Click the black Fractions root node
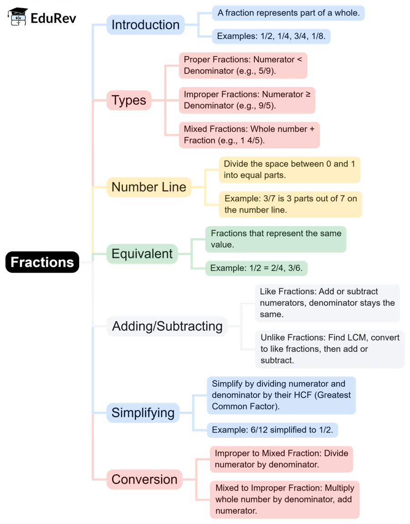click(42, 262)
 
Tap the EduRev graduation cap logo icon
click(18, 17)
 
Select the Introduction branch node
click(145, 25)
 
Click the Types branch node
click(129, 100)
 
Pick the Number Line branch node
click(149, 187)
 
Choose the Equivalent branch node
click(142, 254)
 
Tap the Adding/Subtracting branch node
click(167, 326)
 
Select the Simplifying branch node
click(143, 413)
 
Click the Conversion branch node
click(144, 479)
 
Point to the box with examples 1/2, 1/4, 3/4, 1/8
click(271, 36)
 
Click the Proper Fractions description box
click(243, 65)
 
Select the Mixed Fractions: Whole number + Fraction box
click(249, 135)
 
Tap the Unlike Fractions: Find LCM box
click(330, 349)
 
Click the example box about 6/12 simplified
click(272, 430)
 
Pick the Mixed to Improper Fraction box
click(284, 499)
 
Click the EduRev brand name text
click(53, 18)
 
